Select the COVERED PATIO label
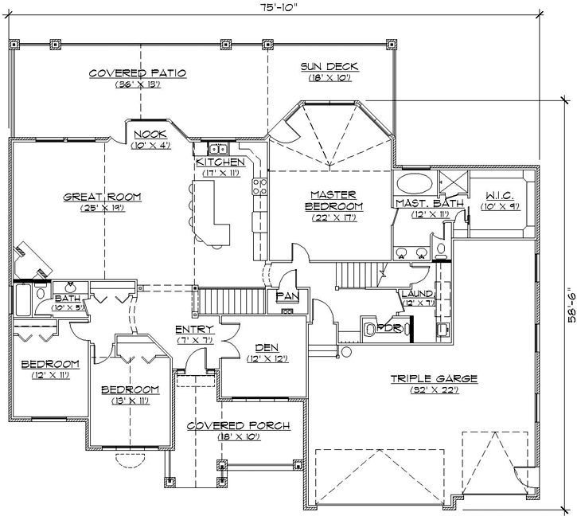pyautogui.click(x=138, y=73)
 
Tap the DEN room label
pyautogui.click(x=266, y=347)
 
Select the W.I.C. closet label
pyautogui.click(x=497, y=195)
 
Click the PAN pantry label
pyautogui.click(x=287, y=296)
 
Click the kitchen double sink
pyautogui.click(x=218, y=149)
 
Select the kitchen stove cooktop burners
pyautogui.click(x=259, y=186)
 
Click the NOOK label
pyautogui.click(x=150, y=134)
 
